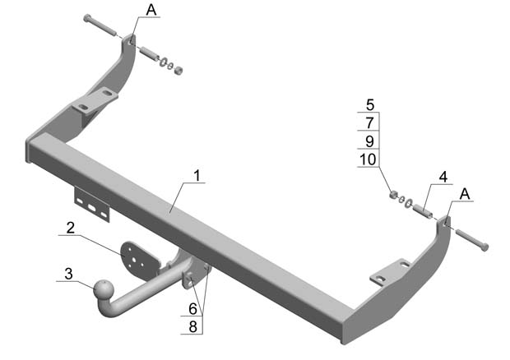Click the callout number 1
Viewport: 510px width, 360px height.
[197, 175]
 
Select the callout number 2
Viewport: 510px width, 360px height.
[71, 228]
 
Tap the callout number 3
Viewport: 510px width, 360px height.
[68, 274]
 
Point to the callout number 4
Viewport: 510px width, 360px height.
[443, 177]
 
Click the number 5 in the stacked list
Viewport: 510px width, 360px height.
[370, 104]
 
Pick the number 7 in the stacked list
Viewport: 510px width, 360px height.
[370, 122]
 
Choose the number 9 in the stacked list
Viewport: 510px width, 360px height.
[370, 141]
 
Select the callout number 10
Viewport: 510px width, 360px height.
[368, 159]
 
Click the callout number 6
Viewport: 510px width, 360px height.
[192, 309]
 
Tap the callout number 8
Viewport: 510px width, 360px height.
[192, 327]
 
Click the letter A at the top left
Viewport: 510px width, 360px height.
[151, 10]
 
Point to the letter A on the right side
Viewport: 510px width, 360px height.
[465, 194]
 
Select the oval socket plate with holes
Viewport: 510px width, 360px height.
[139, 260]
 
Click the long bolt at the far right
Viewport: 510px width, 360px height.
[472, 239]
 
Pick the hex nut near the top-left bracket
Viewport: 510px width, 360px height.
[178, 70]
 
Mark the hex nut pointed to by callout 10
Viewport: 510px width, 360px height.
[393, 194]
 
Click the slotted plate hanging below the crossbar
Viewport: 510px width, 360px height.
[92, 205]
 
